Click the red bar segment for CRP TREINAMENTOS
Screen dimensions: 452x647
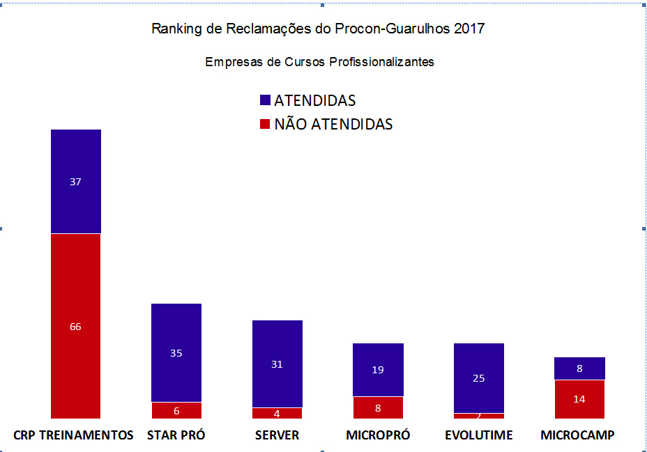76,293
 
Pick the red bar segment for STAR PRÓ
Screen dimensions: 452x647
176,410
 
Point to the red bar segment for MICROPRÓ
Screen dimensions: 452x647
378,407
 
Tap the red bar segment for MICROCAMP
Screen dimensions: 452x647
579,399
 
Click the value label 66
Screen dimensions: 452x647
76,327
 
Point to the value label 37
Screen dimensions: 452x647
76,182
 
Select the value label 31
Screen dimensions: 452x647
277,364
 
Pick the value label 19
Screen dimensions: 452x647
378,370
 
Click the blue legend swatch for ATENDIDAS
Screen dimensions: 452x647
265,101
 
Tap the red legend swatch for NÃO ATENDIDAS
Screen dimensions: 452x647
265,125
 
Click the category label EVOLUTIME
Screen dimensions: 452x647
478,435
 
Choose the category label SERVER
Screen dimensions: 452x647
277,435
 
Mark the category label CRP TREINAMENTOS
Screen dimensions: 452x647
73,435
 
